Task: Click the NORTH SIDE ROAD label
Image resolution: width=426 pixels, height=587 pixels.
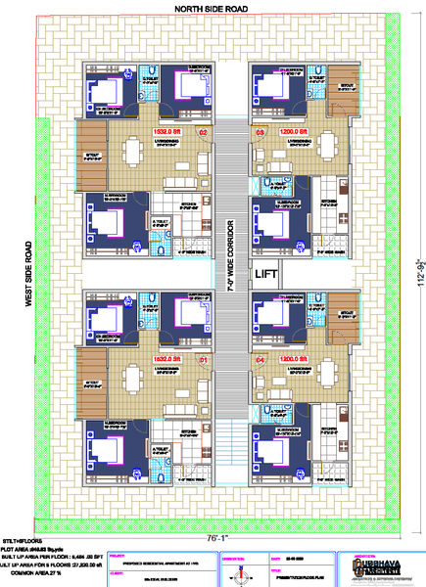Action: click(212, 8)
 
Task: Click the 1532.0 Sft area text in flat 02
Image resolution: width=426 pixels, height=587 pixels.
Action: click(166, 130)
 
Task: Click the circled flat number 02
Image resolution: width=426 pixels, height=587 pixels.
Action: click(204, 130)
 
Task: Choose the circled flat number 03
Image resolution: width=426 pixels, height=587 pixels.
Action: click(260, 130)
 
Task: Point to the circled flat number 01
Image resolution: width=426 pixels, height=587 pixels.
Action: click(204, 360)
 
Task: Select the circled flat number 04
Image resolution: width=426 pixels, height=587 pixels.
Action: click(260, 360)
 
